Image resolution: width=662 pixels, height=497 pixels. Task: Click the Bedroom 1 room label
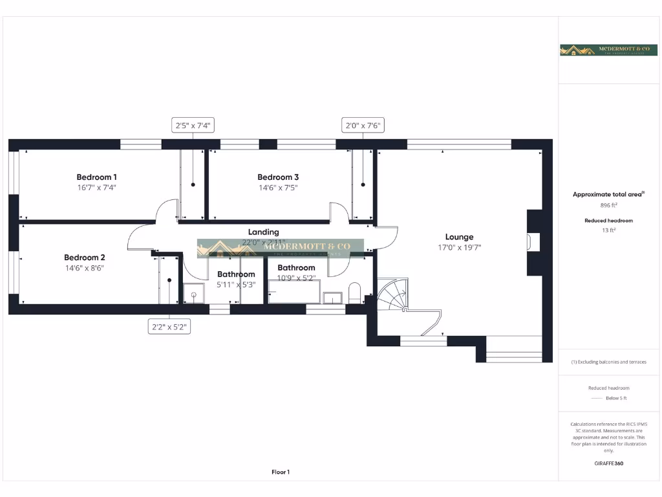[96, 177]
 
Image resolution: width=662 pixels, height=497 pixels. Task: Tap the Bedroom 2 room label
[84, 257]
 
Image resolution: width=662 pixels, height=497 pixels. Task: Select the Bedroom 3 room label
[278, 177]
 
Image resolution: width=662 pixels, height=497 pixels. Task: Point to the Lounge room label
[459, 237]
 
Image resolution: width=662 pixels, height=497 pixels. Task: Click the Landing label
[264, 232]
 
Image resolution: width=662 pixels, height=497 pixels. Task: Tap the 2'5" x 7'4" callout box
[193, 126]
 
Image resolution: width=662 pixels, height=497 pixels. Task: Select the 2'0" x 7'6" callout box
[363, 126]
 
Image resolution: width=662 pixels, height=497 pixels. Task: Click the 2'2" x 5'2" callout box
[169, 327]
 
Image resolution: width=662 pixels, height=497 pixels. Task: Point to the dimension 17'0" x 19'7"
[459, 247]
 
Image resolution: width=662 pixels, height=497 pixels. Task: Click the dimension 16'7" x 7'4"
[96, 188]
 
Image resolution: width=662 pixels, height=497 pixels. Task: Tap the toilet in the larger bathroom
[354, 292]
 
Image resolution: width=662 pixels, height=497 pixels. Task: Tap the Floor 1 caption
[281, 472]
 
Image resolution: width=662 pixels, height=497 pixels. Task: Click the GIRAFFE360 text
[608, 463]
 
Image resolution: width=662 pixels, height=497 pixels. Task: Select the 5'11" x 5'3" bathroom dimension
[236, 284]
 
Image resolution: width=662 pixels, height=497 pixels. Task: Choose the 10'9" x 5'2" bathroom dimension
[296, 278]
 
